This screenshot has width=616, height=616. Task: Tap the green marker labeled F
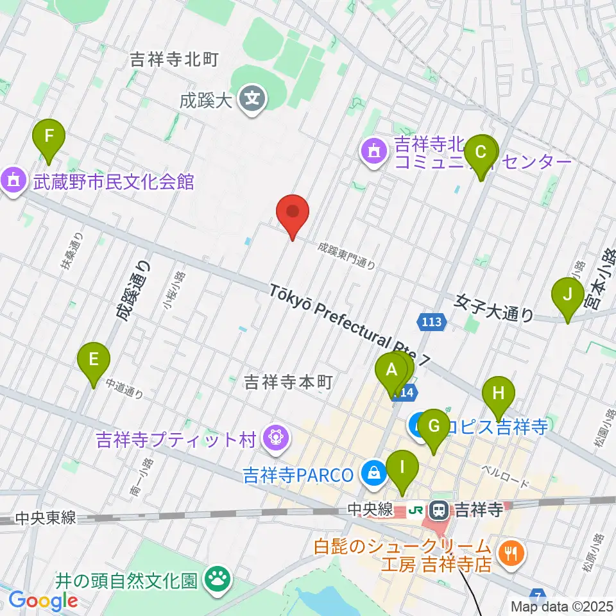[49, 136]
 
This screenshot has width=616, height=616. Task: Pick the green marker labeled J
[567, 295]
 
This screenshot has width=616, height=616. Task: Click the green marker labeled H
[499, 393]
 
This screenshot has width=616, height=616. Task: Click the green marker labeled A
[390, 371]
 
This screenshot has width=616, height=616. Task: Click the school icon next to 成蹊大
[254, 99]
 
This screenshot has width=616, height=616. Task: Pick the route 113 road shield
[432, 321]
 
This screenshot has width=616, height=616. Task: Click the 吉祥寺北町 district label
[175, 60]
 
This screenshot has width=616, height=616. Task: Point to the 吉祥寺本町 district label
[287, 383]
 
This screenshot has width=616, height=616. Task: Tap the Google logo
[43, 601]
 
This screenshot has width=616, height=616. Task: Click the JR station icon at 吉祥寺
[439, 510]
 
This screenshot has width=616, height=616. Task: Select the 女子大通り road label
[494, 306]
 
